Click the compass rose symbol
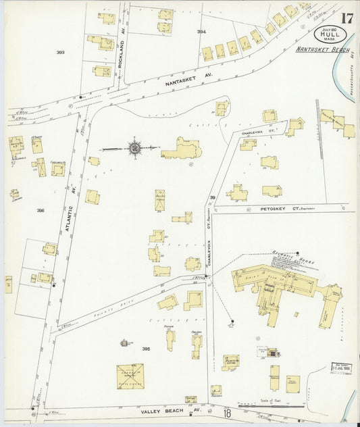click(x=134, y=147)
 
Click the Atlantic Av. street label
click(x=68, y=203)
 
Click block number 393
click(x=60, y=52)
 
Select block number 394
click(x=201, y=32)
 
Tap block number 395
click(x=146, y=349)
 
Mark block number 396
click(x=41, y=211)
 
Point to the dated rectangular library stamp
click(x=342, y=369)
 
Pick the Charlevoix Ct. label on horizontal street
click(x=255, y=133)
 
